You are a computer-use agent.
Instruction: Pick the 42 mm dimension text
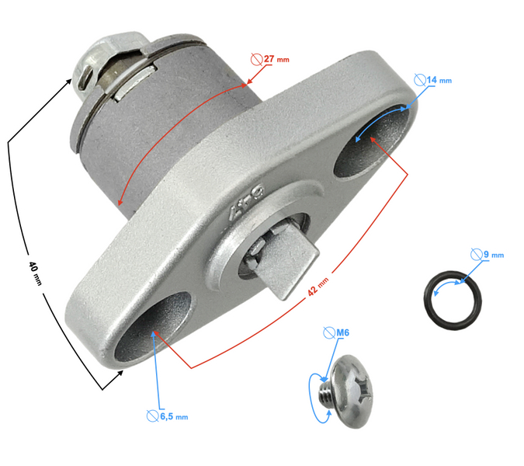[x=318, y=286]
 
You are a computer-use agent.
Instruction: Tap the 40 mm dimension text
[x=35, y=273]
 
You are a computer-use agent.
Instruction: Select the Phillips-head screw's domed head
[x=353, y=391]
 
